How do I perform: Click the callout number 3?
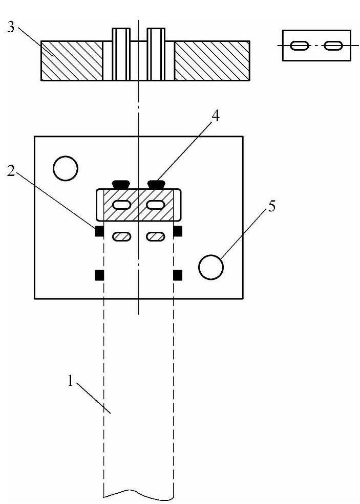click(x=10, y=27)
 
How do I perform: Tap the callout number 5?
click(x=272, y=207)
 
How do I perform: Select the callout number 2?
click(x=11, y=171)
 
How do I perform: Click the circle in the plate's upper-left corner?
click(x=66, y=168)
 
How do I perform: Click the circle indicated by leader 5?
click(x=211, y=267)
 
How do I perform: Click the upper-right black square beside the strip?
click(x=178, y=231)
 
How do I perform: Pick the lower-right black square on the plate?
click(x=178, y=276)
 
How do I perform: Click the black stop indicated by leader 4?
click(x=155, y=183)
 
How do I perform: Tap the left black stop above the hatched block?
click(x=121, y=183)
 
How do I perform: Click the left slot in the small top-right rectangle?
click(x=299, y=46)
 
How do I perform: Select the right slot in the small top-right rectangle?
click(x=333, y=46)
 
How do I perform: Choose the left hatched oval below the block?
click(x=121, y=236)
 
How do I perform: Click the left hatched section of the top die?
click(x=72, y=60)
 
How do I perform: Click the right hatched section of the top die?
click(x=212, y=60)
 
